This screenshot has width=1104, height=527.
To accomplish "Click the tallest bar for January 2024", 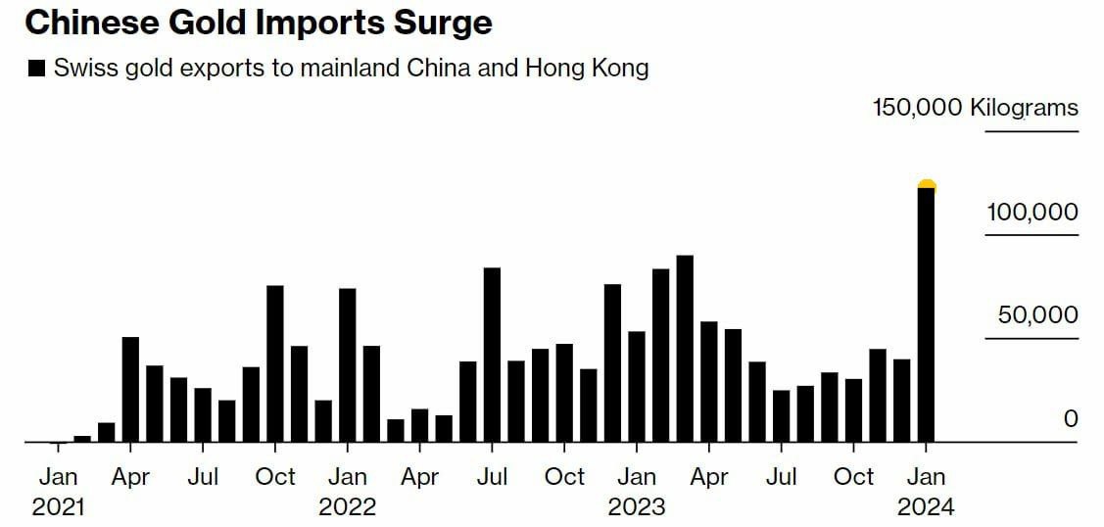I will pos(926,313).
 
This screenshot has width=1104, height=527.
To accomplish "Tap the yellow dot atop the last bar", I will pos(927,186).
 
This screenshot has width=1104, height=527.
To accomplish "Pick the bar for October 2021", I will pos(275,363).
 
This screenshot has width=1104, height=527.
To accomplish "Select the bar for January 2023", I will pos(637,386).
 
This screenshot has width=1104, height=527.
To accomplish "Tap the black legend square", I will pos(37,69).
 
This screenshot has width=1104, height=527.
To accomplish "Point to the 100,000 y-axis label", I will pos(1032,213).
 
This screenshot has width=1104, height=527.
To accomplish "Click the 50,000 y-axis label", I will pos(1037,315).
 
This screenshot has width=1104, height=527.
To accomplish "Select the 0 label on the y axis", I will pos(1070,419).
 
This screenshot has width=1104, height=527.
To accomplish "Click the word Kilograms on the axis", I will pos(1024,108).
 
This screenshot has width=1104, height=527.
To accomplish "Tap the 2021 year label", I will pos(58,507).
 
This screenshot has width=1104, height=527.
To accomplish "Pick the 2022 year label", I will pos(348,507).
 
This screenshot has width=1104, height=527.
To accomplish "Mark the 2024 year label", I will pos(926,507).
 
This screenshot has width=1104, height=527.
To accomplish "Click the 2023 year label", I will pos(637,507).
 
